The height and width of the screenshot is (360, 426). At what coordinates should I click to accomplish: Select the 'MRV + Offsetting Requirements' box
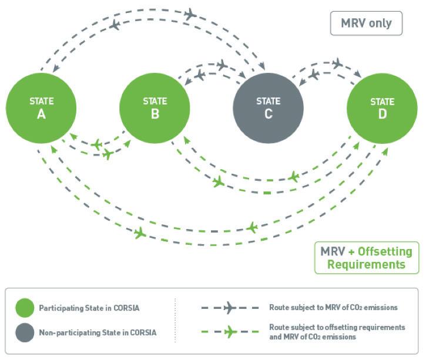pyautogui.click(x=367, y=257)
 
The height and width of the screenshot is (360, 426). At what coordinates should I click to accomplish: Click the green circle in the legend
pyautogui.click(x=25, y=307)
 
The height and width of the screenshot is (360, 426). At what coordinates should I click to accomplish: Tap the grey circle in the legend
pyautogui.click(x=25, y=332)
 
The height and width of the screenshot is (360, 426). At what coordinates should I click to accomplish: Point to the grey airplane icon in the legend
pyautogui.click(x=230, y=307)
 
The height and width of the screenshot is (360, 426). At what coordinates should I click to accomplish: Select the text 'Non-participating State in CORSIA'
pyautogui.click(x=98, y=333)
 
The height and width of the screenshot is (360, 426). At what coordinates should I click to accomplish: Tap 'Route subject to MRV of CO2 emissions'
pyautogui.click(x=333, y=307)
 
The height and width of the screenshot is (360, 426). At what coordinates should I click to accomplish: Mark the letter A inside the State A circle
pyautogui.click(x=41, y=114)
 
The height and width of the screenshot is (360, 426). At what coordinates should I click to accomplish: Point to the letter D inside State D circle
pyautogui.click(x=382, y=114)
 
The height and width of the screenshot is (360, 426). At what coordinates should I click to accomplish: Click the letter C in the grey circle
pyautogui.click(x=268, y=114)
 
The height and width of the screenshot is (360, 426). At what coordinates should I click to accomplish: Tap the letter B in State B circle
pyautogui.click(x=155, y=114)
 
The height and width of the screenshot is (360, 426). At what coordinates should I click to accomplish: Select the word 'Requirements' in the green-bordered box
pyautogui.click(x=367, y=264)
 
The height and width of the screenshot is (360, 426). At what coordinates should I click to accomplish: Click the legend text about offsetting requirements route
pyautogui.click(x=337, y=332)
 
